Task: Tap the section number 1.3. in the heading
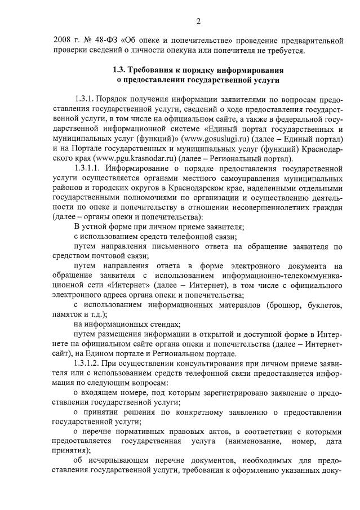coord(120,71)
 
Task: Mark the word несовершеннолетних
coord(278,209)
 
